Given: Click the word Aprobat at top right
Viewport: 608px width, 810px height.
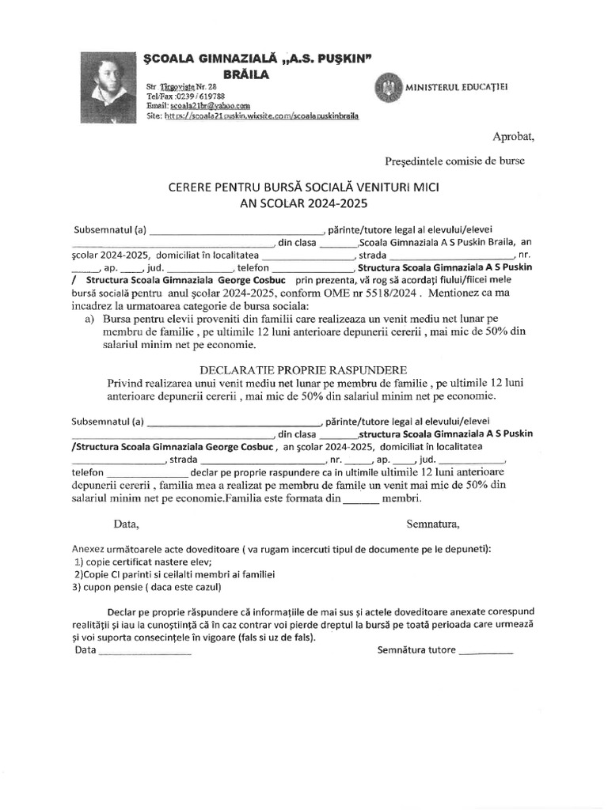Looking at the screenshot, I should coord(514,137).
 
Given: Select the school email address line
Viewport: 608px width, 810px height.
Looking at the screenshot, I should coord(199,105).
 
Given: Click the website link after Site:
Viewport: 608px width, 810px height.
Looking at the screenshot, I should coord(261,115).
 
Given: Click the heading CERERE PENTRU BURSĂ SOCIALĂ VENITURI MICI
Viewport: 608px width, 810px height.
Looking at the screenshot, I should coord(304,190).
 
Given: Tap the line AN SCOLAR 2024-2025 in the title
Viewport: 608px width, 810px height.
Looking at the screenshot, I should coord(304,204).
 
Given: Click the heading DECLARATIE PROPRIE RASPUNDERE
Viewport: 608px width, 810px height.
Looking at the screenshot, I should coord(304,370).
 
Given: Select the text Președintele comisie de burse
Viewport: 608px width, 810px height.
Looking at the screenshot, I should coord(454,161).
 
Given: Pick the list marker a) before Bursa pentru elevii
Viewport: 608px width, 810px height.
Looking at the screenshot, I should coord(89,319).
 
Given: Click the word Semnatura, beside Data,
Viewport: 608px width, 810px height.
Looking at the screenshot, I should coord(433,524).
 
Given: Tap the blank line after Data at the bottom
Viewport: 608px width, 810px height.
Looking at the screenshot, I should coord(144,651).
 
